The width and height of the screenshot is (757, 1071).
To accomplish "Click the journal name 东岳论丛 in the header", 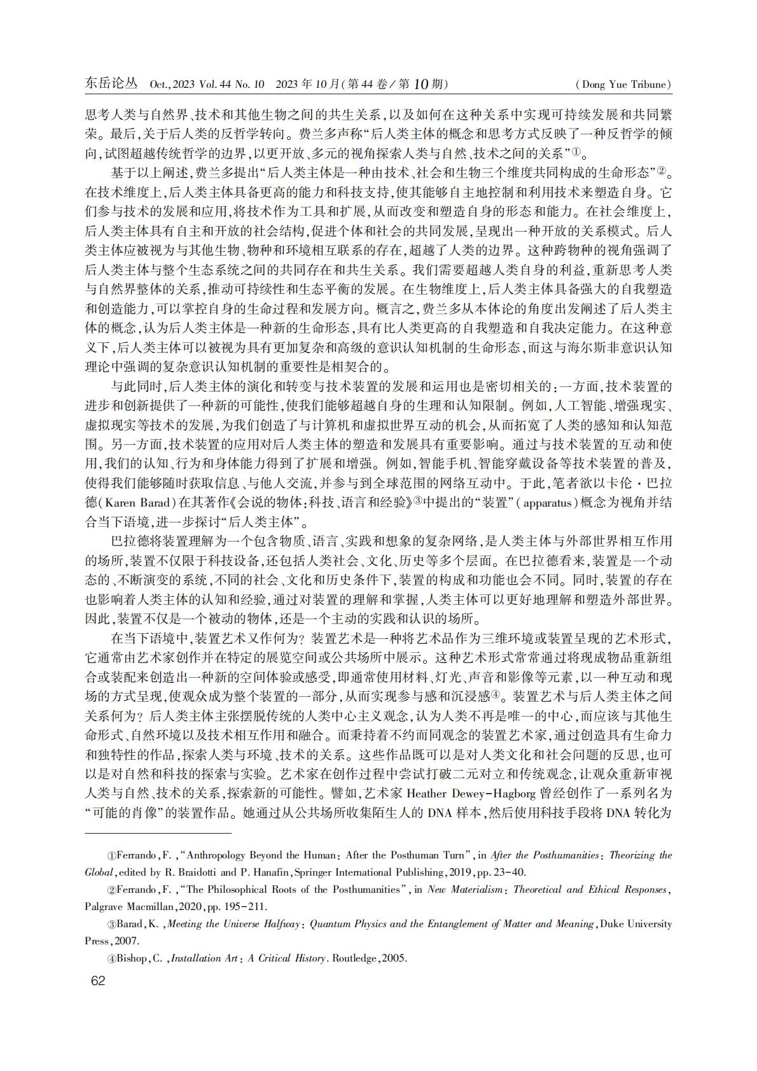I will (x=111, y=84).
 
